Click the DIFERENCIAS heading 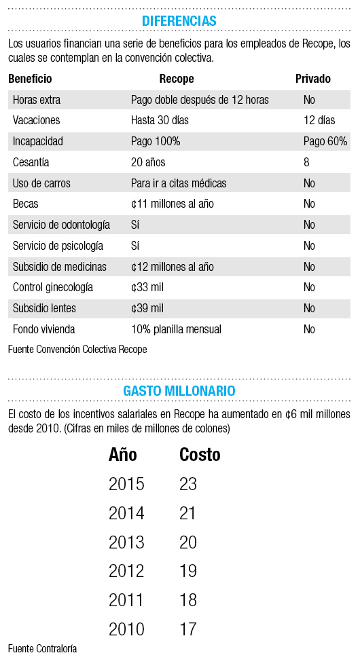[x=179, y=20]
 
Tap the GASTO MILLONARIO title [x=179, y=390]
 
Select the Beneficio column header [x=30, y=79]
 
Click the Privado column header [x=313, y=79]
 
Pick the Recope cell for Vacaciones [x=160, y=121]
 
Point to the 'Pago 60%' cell [x=325, y=141]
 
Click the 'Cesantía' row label [x=31, y=162]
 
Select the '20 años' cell [x=148, y=162]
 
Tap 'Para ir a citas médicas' [x=179, y=183]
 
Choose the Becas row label [x=26, y=204]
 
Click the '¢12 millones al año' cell [x=173, y=267]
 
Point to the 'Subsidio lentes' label [x=44, y=308]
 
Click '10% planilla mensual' [x=176, y=329]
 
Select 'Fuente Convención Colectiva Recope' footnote [x=77, y=350]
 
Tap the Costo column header [x=200, y=455]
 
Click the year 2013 [x=126, y=542]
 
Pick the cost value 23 [x=188, y=484]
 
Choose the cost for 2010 [x=188, y=629]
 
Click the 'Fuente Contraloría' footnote [x=43, y=649]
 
